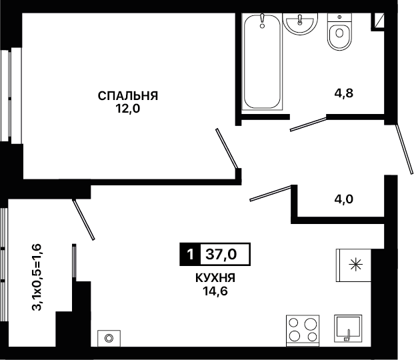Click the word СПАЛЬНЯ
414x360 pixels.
[128, 96]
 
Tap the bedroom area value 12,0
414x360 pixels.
[128, 109]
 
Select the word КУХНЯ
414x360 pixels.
[215, 278]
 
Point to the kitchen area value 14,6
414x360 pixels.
[215, 291]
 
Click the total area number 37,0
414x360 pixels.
[221, 255]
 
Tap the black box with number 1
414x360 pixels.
[190, 255]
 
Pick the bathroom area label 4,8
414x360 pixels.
[344, 93]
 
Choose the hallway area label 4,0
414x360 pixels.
[344, 199]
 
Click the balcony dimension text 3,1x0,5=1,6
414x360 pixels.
[37, 277]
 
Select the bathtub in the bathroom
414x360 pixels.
[262, 61]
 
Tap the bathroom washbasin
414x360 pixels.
[300, 23]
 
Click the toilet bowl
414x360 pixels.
[339, 32]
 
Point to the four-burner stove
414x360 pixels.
[303, 331]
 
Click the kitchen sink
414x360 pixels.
[348, 329]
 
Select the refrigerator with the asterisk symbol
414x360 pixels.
[353, 265]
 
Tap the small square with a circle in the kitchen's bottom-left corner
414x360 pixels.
[109, 338]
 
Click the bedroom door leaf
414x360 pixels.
[227, 148]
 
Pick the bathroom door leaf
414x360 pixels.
[309, 124]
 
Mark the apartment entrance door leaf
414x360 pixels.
[404, 149]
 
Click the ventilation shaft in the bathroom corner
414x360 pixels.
[377, 21]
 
